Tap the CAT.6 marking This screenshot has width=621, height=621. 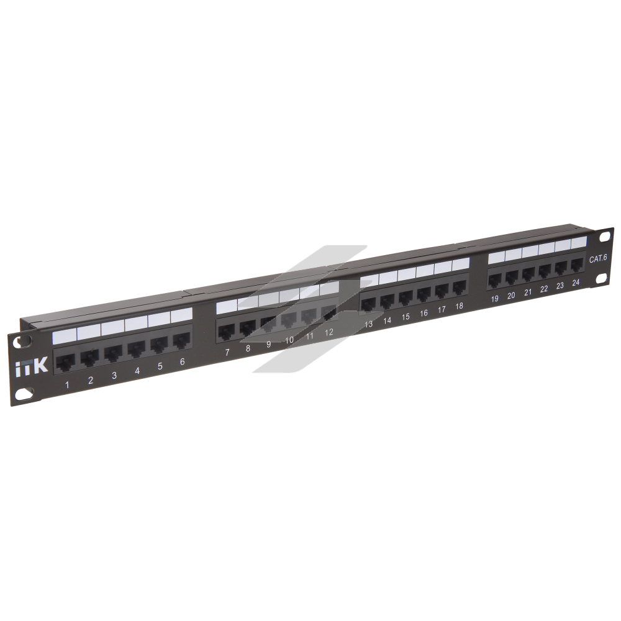[x=597, y=259]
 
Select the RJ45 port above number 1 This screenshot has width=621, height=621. [x=65, y=363]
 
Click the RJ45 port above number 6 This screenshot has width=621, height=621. [x=181, y=341]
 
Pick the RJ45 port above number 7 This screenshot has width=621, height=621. [x=227, y=332]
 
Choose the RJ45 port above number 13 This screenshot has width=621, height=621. [x=368, y=305]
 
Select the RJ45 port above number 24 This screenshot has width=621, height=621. [x=577, y=265]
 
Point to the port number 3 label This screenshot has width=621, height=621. [x=114, y=376]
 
